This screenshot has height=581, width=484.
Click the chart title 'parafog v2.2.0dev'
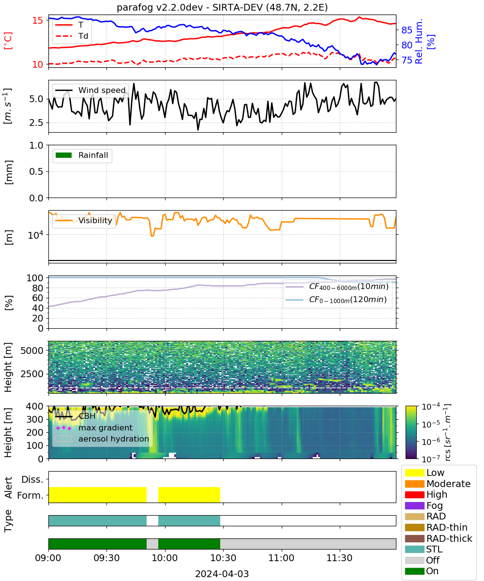(160, 7)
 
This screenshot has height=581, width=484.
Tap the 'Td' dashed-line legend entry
(72, 36)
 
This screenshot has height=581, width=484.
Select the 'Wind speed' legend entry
(91, 90)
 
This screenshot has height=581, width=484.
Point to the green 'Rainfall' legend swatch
(64, 155)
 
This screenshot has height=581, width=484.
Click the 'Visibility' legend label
(95, 220)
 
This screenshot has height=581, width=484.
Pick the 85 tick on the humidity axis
(407, 30)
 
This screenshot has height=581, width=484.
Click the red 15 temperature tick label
(38, 20)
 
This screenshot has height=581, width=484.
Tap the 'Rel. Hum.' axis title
(419, 41)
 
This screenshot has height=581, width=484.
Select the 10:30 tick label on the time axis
(223, 558)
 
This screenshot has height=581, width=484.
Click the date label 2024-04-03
(222, 574)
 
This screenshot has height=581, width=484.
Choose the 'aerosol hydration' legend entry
(102, 439)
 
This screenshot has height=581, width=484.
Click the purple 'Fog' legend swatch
(414, 505)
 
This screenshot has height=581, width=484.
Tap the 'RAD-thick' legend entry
(439, 538)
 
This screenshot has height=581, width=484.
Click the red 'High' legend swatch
(414, 494)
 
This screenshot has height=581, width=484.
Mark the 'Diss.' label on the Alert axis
(32, 479)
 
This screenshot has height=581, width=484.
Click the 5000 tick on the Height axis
(32, 351)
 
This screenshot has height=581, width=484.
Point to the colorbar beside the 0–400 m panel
(411, 432)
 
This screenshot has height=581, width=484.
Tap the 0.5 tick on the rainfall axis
(36, 171)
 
